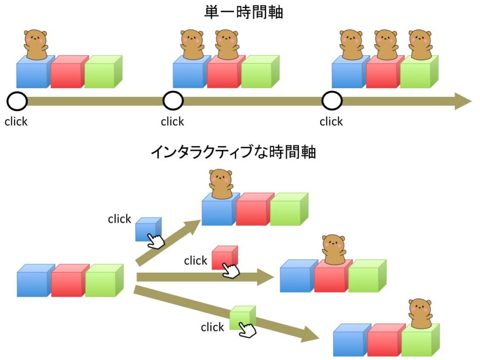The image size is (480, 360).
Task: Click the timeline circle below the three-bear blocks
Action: [332, 101]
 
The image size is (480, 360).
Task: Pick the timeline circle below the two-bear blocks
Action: [173, 101]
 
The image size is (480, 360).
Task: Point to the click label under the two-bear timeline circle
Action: [172, 122]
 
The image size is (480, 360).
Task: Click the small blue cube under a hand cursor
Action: [147, 229]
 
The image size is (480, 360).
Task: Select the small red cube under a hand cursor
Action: [224, 257]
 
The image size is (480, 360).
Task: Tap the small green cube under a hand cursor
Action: [241, 317]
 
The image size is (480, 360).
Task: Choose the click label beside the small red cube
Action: [195, 261]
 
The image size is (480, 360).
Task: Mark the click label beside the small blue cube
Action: [120, 219]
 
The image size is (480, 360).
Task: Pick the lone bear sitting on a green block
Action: [421, 314]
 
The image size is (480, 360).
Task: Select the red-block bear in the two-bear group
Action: [227, 45]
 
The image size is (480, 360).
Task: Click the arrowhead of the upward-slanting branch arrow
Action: [193, 225]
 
